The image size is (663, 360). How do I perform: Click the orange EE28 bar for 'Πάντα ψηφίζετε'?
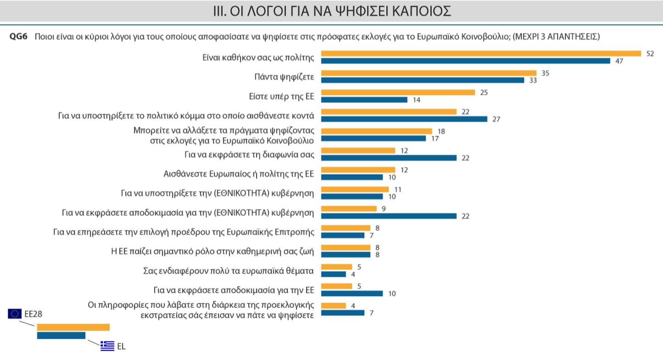[x=429, y=73]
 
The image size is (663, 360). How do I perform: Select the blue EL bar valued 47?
[x=465, y=61]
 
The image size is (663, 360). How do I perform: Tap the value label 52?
[x=649, y=54]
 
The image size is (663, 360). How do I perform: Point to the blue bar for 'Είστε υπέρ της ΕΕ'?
[x=364, y=100]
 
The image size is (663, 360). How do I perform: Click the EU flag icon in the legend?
[x=15, y=314]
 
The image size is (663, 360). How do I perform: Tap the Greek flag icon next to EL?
[x=107, y=346]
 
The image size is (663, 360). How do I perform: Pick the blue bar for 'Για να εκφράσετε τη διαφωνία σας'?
[x=389, y=158]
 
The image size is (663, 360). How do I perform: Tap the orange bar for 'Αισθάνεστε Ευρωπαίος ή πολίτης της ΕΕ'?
[x=358, y=170]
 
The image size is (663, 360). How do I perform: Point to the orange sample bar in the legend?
[x=73, y=327]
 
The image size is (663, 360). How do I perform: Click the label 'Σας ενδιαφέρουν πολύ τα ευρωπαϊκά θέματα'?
[x=228, y=271]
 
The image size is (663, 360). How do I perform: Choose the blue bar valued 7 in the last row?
[x=342, y=313]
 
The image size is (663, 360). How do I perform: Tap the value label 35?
[x=545, y=73]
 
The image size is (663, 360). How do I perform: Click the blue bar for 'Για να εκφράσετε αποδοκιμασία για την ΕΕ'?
[x=351, y=294]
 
